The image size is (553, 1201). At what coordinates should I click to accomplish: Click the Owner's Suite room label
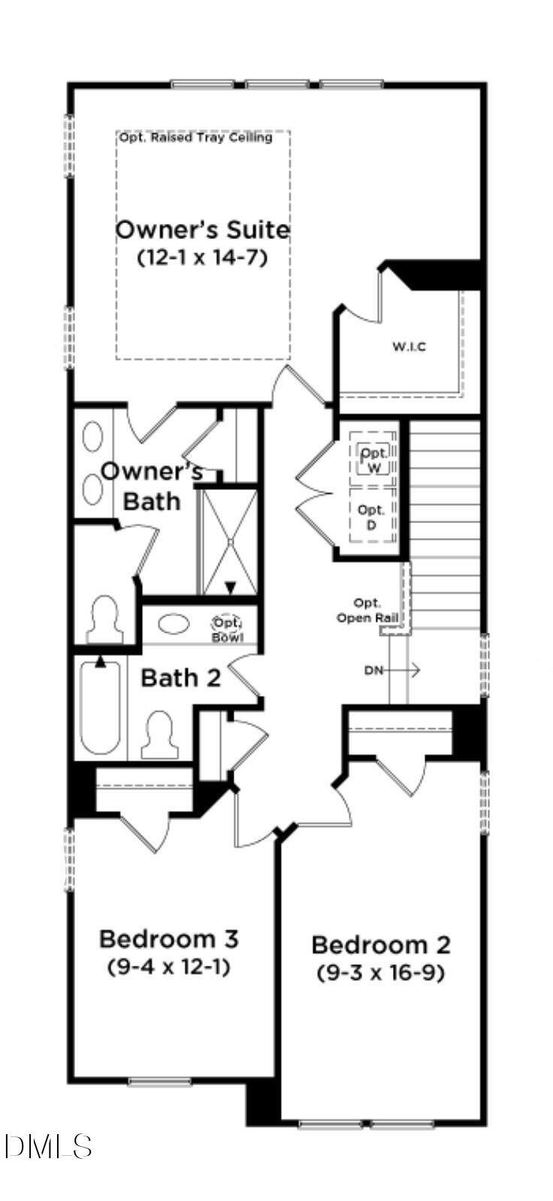click(202, 230)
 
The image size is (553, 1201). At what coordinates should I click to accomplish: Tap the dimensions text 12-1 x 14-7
click(202, 257)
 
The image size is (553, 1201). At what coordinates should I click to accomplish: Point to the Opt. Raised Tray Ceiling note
click(195, 138)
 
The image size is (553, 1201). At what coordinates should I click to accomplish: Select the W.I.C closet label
click(409, 347)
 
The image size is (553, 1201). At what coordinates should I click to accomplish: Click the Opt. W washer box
click(373, 460)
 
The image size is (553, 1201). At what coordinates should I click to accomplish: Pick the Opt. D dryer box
click(371, 517)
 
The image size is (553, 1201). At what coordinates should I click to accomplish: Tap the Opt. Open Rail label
click(367, 610)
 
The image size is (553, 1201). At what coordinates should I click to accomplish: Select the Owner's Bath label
click(152, 486)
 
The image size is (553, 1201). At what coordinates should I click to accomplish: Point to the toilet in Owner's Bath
click(104, 621)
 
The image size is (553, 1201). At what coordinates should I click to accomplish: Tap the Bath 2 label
click(181, 678)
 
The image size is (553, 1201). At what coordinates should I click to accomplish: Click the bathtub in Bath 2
click(101, 706)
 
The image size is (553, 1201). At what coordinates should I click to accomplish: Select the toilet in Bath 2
click(161, 735)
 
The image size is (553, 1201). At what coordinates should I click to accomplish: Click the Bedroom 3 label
click(169, 939)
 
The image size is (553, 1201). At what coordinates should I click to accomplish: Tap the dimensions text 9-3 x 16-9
click(380, 973)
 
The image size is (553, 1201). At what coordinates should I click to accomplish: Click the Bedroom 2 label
click(381, 945)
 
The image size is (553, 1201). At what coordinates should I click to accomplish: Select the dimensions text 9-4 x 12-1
click(169, 967)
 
